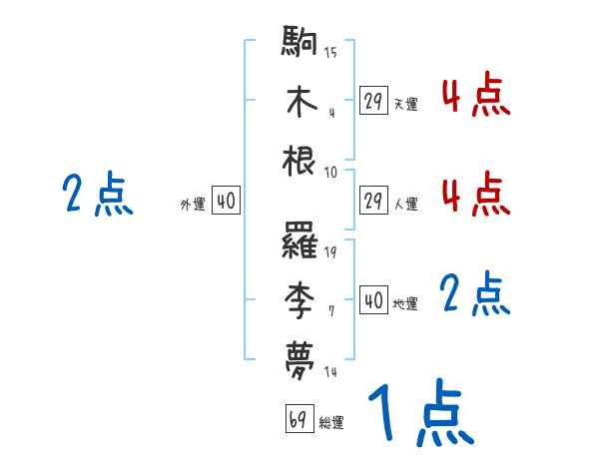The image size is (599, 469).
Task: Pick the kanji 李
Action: pyautogui.click(x=300, y=297)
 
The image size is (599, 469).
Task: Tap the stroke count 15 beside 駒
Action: pyautogui.click(x=330, y=53)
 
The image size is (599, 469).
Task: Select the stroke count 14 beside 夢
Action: pyautogui.click(x=330, y=371)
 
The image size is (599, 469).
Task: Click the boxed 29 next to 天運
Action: pyautogui.click(x=373, y=101)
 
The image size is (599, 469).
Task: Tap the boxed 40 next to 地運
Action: pyautogui.click(x=373, y=300)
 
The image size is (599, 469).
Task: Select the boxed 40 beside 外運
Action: pyautogui.click(x=225, y=202)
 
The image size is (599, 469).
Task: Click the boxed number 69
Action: pyautogui.click(x=299, y=419)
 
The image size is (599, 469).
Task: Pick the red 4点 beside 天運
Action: pyautogui.click(x=475, y=96)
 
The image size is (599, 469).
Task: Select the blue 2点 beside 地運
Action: pyautogui.click(x=475, y=295)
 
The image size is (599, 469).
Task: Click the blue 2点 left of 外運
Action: pyautogui.click(x=98, y=194)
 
